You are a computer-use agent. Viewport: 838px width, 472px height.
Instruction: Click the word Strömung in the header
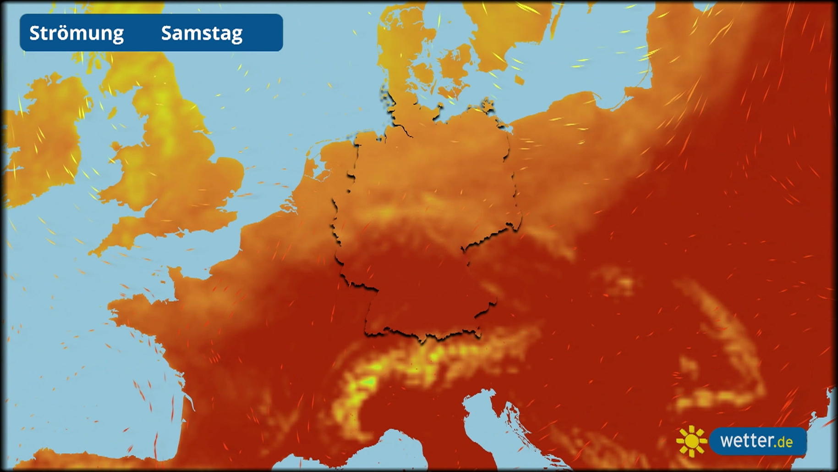point(77,33)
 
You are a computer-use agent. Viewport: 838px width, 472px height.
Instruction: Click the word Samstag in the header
point(202,33)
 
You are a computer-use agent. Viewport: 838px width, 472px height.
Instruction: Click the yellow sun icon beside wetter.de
point(691,441)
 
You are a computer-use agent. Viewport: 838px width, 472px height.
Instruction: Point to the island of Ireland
point(46,138)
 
